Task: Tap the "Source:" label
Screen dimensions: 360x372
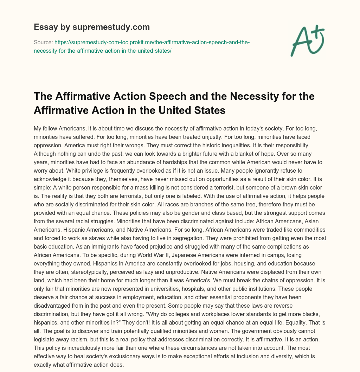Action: click(x=43, y=43)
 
